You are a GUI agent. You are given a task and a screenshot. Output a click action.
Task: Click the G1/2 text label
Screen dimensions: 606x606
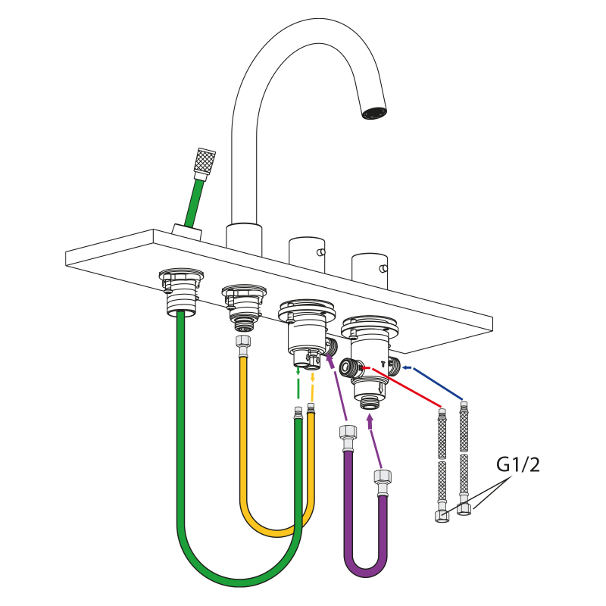(x=517, y=464)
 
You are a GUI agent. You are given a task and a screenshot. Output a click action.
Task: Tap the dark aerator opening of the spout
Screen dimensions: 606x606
(x=374, y=113)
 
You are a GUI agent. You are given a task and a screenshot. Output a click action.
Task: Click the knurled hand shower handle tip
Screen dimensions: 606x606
(x=205, y=161)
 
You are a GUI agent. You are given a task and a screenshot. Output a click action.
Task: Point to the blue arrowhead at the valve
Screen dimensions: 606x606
(x=406, y=367)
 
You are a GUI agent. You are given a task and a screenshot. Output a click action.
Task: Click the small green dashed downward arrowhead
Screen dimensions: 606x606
(x=298, y=372)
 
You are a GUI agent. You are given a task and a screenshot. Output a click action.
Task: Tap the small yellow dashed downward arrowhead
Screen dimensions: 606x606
(x=312, y=379)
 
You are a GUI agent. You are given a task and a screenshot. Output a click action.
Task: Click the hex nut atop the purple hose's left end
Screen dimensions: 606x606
(x=348, y=432)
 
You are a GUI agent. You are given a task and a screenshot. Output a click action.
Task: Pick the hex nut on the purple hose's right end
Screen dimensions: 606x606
(x=383, y=476)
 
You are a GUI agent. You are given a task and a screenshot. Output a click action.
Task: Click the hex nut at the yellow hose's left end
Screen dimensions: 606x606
(x=243, y=342)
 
